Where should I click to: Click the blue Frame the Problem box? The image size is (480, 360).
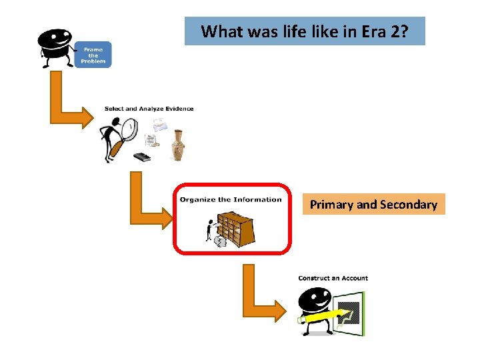(93, 54)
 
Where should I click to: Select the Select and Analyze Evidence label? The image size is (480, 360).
(149, 109)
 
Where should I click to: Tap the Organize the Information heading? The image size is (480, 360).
(231, 199)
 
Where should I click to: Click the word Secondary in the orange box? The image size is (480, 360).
(409, 205)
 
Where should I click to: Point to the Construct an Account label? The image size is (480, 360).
(333, 278)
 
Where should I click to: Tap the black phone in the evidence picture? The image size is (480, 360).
(142, 157)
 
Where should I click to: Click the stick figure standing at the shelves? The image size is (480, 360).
(210, 230)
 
